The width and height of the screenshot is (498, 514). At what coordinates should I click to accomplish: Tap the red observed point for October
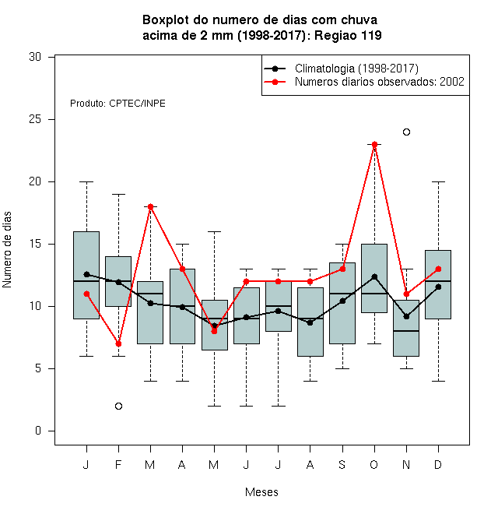pos(374,145)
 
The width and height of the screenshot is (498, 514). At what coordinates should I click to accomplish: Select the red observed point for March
pos(150,207)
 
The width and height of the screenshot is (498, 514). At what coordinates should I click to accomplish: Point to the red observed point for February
pos(118,344)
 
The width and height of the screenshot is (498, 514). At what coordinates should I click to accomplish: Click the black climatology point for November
pos(406,317)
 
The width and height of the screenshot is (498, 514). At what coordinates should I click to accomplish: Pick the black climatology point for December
pos(438,287)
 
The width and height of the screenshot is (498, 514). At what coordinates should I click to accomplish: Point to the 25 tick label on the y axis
pos(35,119)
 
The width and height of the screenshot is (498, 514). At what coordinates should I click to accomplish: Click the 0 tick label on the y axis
pos(38,431)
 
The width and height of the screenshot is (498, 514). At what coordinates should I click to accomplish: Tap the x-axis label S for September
pos(342,464)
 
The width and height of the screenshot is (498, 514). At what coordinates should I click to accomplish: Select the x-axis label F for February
pos(118,464)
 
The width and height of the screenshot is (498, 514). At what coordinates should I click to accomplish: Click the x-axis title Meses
pos(261,492)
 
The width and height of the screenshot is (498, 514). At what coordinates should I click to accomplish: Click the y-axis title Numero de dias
pos(7,250)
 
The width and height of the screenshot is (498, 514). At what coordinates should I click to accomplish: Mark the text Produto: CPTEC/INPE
pos(117,104)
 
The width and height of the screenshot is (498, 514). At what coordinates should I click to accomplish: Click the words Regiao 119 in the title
pos(348,35)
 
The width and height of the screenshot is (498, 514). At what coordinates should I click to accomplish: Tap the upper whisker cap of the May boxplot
pos(214,232)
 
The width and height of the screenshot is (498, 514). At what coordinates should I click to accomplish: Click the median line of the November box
pos(406,331)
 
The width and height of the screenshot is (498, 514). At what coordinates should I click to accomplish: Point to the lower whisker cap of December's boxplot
pos(438,382)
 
